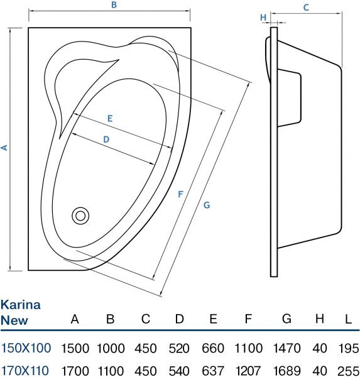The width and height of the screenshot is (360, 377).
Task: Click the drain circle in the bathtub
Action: (80, 216)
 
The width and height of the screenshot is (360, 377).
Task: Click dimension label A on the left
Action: (4, 148)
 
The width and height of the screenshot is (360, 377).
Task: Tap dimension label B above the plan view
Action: (113, 5)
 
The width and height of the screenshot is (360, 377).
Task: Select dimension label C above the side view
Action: (305, 8)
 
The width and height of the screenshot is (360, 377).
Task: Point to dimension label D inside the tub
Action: (106, 139)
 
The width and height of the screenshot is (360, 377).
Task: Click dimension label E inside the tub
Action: (109, 118)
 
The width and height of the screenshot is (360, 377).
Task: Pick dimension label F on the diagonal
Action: (180, 195)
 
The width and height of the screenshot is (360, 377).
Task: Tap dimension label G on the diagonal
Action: (207, 205)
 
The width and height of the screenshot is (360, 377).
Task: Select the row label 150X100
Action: (25, 348)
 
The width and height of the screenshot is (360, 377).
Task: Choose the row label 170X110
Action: (25, 371)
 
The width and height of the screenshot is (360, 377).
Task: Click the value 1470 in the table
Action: (286, 348)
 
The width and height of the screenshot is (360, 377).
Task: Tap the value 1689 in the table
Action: (286, 371)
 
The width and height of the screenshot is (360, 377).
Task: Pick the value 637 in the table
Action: (214, 371)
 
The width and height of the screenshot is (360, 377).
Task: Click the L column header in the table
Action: (347, 319)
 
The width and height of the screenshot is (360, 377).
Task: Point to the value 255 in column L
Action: (347, 371)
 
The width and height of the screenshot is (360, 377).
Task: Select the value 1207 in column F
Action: (249, 371)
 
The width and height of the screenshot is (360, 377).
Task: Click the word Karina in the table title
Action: (21, 305)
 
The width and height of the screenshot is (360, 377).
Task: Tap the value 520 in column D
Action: (180, 348)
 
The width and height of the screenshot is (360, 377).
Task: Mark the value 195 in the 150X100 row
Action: (347, 348)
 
